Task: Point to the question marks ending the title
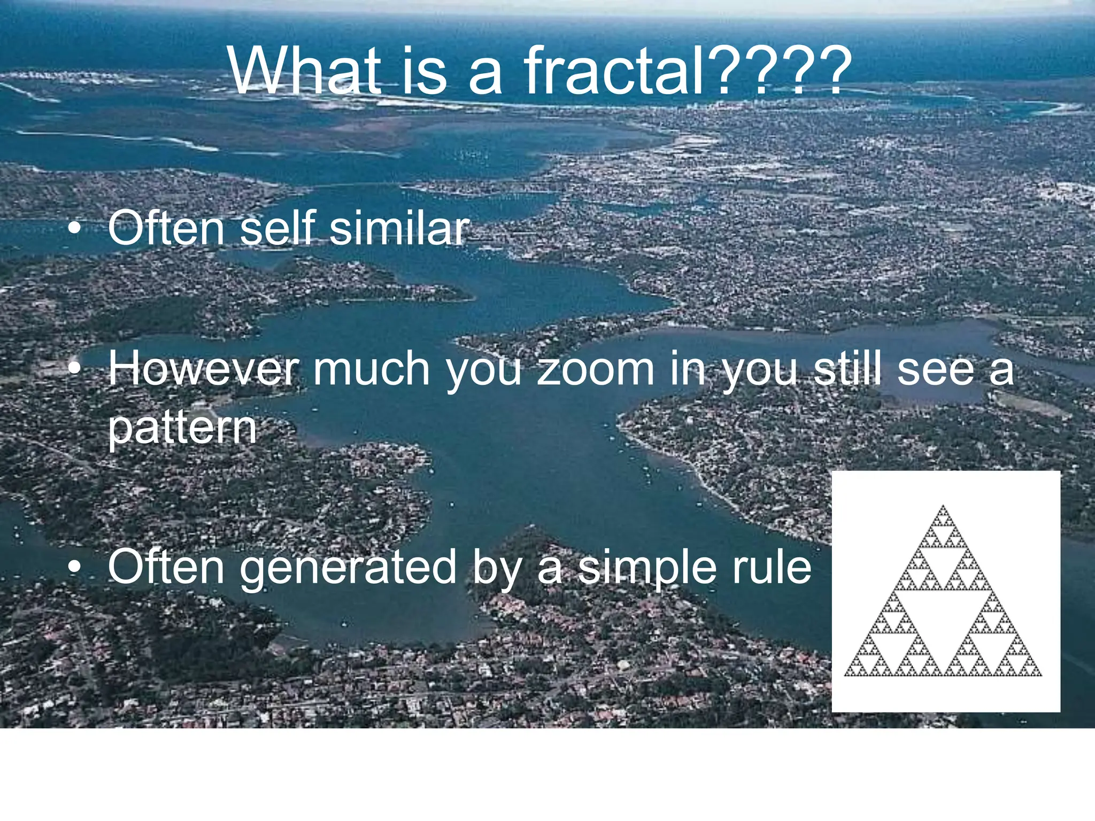pyautogui.click(x=781, y=71)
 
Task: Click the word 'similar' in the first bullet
pyautogui.click(x=399, y=228)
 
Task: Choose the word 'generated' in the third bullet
pyautogui.click(x=348, y=568)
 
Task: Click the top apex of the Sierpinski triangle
pyautogui.click(x=943, y=507)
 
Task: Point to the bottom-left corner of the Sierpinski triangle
pyautogui.click(x=846, y=675)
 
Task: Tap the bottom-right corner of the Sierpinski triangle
pyautogui.click(x=1040, y=675)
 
